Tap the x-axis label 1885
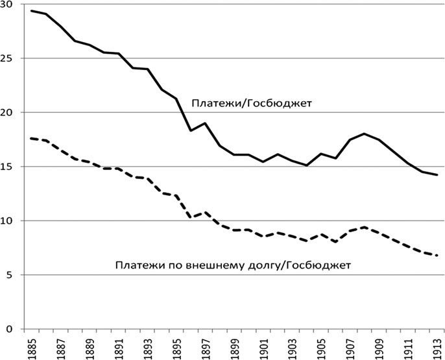click(x=30, y=346)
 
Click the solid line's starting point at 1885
click(x=30, y=11)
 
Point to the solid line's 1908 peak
click(x=365, y=134)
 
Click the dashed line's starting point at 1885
click(x=30, y=138)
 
